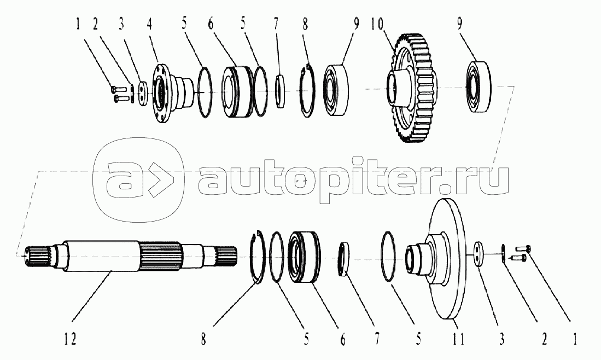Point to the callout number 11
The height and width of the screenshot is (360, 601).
pos(458,340)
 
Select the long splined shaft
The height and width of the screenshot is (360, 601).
pos(126,256)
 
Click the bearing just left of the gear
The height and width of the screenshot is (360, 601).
pos(337,90)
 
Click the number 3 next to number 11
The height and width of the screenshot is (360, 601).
pos(501,340)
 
